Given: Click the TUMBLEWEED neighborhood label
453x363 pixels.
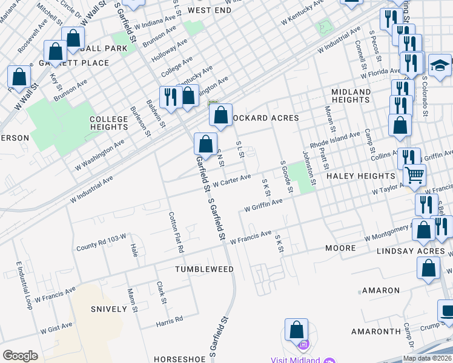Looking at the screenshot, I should (x=204, y=269).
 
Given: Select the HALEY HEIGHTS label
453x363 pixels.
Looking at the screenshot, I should (x=360, y=175).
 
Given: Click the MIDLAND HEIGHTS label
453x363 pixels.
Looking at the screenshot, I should (x=351, y=96).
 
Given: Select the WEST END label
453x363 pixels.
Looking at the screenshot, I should (x=210, y=10).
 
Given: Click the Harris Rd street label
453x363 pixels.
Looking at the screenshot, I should (x=169, y=319).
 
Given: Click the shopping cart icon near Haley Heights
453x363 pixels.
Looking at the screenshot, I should (x=414, y=175).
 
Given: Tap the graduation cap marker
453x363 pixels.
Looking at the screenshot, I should (x=440, y=64).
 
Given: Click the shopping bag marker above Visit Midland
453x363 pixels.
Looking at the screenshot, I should (x=296, y=330).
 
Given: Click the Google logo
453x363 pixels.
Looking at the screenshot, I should (x=20, y=355).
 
